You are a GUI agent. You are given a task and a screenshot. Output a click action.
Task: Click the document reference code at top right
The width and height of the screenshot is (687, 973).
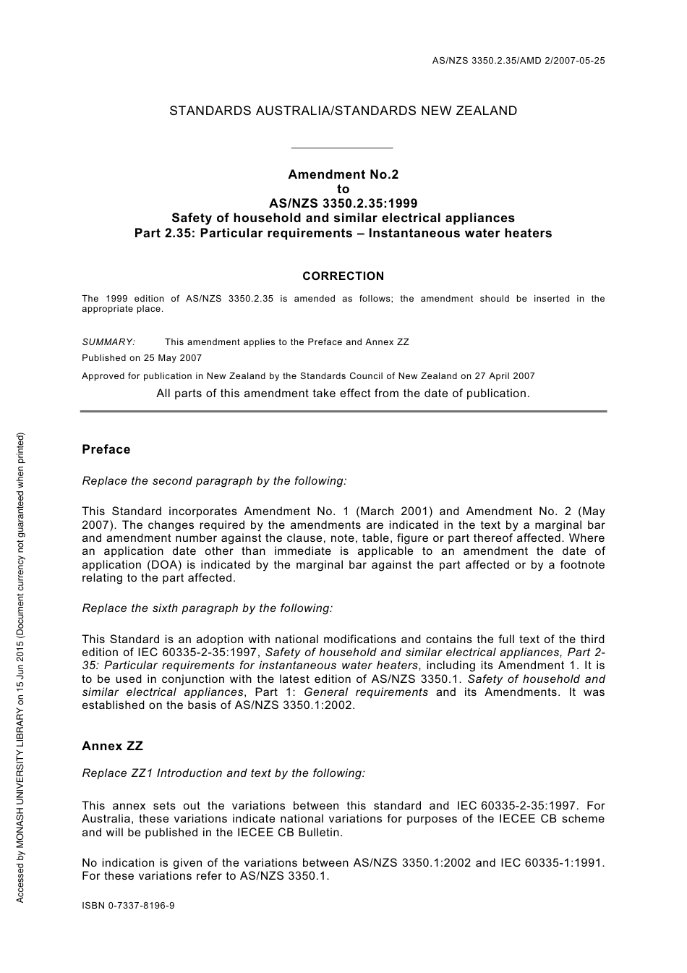pos(518,61)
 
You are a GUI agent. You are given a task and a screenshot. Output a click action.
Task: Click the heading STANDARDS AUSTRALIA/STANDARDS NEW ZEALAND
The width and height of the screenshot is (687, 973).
pos(343,111)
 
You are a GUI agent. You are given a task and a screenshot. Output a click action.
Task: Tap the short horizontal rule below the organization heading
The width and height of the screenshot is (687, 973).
pos(341,148)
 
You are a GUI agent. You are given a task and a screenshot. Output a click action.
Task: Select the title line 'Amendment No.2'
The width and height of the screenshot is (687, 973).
pos(343,174)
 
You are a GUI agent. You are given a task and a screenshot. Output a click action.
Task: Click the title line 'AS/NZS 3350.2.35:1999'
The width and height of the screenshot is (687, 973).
pos(343,203)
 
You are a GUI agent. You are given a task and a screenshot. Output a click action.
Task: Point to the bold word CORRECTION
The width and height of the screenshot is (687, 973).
pos(343,276)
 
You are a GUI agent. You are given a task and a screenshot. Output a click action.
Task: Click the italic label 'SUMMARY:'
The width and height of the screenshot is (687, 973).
pos(108,341)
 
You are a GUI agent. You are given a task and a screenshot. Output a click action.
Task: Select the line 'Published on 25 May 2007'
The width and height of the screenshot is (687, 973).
pos(142,357)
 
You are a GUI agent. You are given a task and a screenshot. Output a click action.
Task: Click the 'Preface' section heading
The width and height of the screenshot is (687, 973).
pos(106,449)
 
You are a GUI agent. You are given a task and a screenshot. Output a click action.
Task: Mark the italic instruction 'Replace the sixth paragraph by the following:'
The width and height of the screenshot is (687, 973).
pos(208,608)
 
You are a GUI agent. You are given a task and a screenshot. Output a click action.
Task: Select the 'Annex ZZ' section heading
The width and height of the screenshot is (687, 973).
pos(112,746)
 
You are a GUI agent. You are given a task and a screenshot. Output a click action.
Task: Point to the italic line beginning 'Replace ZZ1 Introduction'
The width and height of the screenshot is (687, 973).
pos(223,773)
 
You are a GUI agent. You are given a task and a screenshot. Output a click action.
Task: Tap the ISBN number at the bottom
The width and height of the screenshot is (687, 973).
pos(128,905)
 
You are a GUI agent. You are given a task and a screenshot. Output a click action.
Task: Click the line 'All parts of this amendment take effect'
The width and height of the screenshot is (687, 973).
pos(343,394)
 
